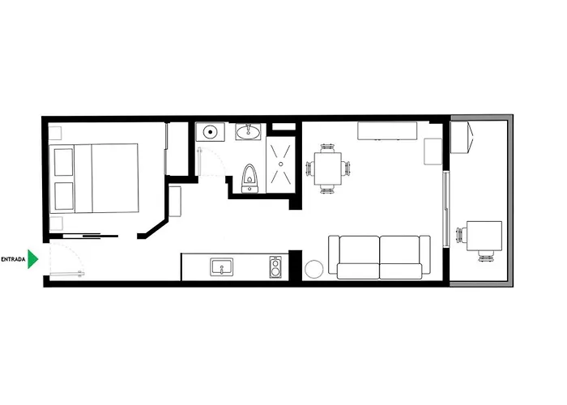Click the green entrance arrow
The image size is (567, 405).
click(x=32, y=259)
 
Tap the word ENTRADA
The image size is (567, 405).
click(x=13, y=260)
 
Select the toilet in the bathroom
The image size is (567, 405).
click(x=249, y=178)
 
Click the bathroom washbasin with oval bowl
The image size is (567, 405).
click(x=248, y=132)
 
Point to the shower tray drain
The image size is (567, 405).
click(x=281, y=164)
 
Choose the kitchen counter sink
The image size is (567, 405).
click(x=222, y=267)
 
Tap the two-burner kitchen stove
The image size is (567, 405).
click(x=275, y=267)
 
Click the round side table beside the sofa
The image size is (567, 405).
click(x=314, y=269)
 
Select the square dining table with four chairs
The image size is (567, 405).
click(x=328, y=168)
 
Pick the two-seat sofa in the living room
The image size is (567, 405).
click(x=379, y=257)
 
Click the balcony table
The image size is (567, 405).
click(x=484, y=236)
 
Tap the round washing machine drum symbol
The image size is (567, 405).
click(x=210, y=132)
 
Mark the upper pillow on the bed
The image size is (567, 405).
click(x=64, y=162)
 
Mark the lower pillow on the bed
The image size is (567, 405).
click(x=64, y=196)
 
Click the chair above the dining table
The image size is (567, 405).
click(x=327, y=147)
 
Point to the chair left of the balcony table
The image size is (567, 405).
click(x=462, y=235)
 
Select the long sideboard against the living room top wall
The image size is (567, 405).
click(x=387, y=131)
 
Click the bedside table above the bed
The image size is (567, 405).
click(x=55, y=133)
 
